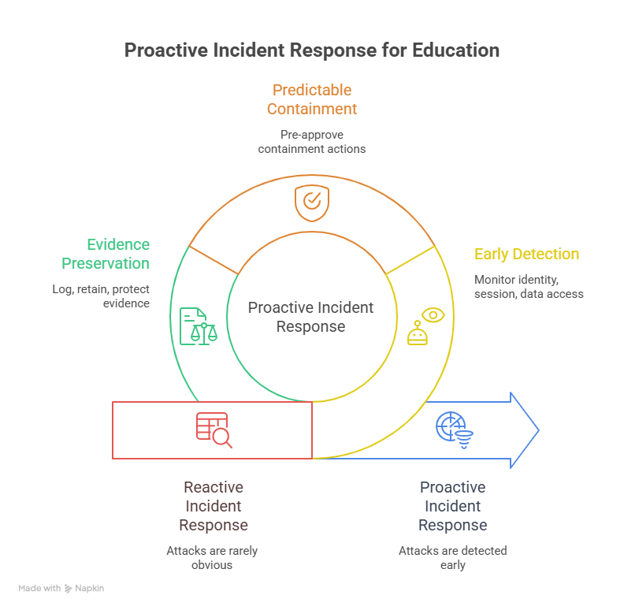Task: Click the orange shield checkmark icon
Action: pos(311,203)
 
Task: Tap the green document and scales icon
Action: pos(198,325)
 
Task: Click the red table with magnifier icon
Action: pos(214,430)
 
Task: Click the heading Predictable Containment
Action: pos(311,99)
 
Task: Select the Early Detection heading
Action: pos(526,255)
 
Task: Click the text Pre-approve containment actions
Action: pos(311,141)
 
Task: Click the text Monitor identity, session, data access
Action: pos(529,286)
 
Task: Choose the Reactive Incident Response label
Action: pos(213,506)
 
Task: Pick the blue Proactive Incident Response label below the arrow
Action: pos(452,506)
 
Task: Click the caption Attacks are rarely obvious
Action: pos(212,557)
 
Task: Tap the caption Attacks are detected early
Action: pos(452,557)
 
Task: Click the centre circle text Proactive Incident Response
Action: pos(310,317)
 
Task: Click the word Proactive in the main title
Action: pos(163,50)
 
